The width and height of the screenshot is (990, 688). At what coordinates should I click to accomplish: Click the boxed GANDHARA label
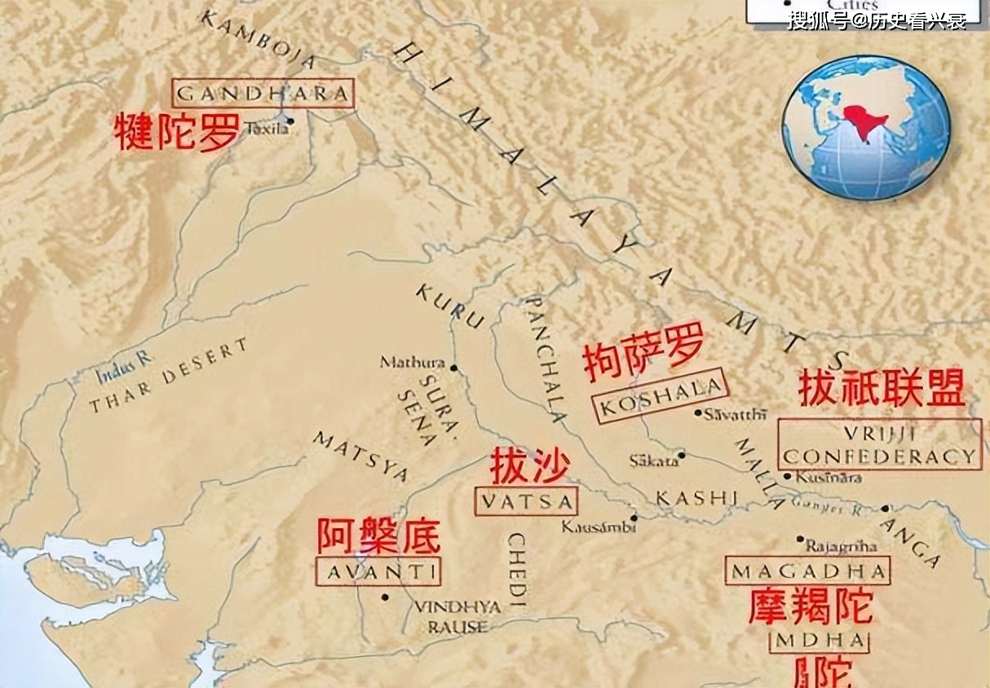pos(263,93)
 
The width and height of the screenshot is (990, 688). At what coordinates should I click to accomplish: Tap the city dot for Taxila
pos(290,121)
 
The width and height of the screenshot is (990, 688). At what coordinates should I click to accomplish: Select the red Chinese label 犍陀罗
pos(177,131)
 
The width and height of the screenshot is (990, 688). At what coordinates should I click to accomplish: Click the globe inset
pos(865,127)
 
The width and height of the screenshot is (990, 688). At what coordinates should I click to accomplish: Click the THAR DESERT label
pos(168,376)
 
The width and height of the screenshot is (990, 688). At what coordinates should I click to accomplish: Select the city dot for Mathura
pos(453,367)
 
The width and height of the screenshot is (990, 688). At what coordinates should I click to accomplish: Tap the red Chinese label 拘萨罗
pos(643,356)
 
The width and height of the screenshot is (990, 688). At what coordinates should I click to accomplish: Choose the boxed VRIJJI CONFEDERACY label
pos(879,444)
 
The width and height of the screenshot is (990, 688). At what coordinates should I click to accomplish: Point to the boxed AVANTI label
pos(378,571)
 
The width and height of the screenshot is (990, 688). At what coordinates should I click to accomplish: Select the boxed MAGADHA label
pos(807,571)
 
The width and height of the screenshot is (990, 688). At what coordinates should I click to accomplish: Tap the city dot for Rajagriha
pos(799,538)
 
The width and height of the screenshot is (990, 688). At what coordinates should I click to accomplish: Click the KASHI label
pos(697,497)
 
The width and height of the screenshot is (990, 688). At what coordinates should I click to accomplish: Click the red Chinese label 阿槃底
pos(378,536)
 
